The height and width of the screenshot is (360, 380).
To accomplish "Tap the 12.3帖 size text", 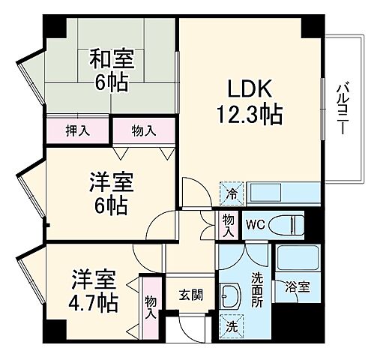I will tap(250, 114).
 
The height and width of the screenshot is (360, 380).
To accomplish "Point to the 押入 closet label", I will tap(77, 130).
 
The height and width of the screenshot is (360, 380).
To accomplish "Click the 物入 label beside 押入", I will tap(144, 130).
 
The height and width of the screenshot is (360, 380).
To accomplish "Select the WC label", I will tap(256, 223).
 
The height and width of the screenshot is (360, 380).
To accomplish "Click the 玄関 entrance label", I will tap(190, 295).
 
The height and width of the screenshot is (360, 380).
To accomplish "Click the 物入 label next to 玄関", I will tap(150, 304).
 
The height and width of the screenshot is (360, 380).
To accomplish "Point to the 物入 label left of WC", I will tap(228, 224).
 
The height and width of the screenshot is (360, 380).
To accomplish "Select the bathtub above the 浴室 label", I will tap(294, 259).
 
